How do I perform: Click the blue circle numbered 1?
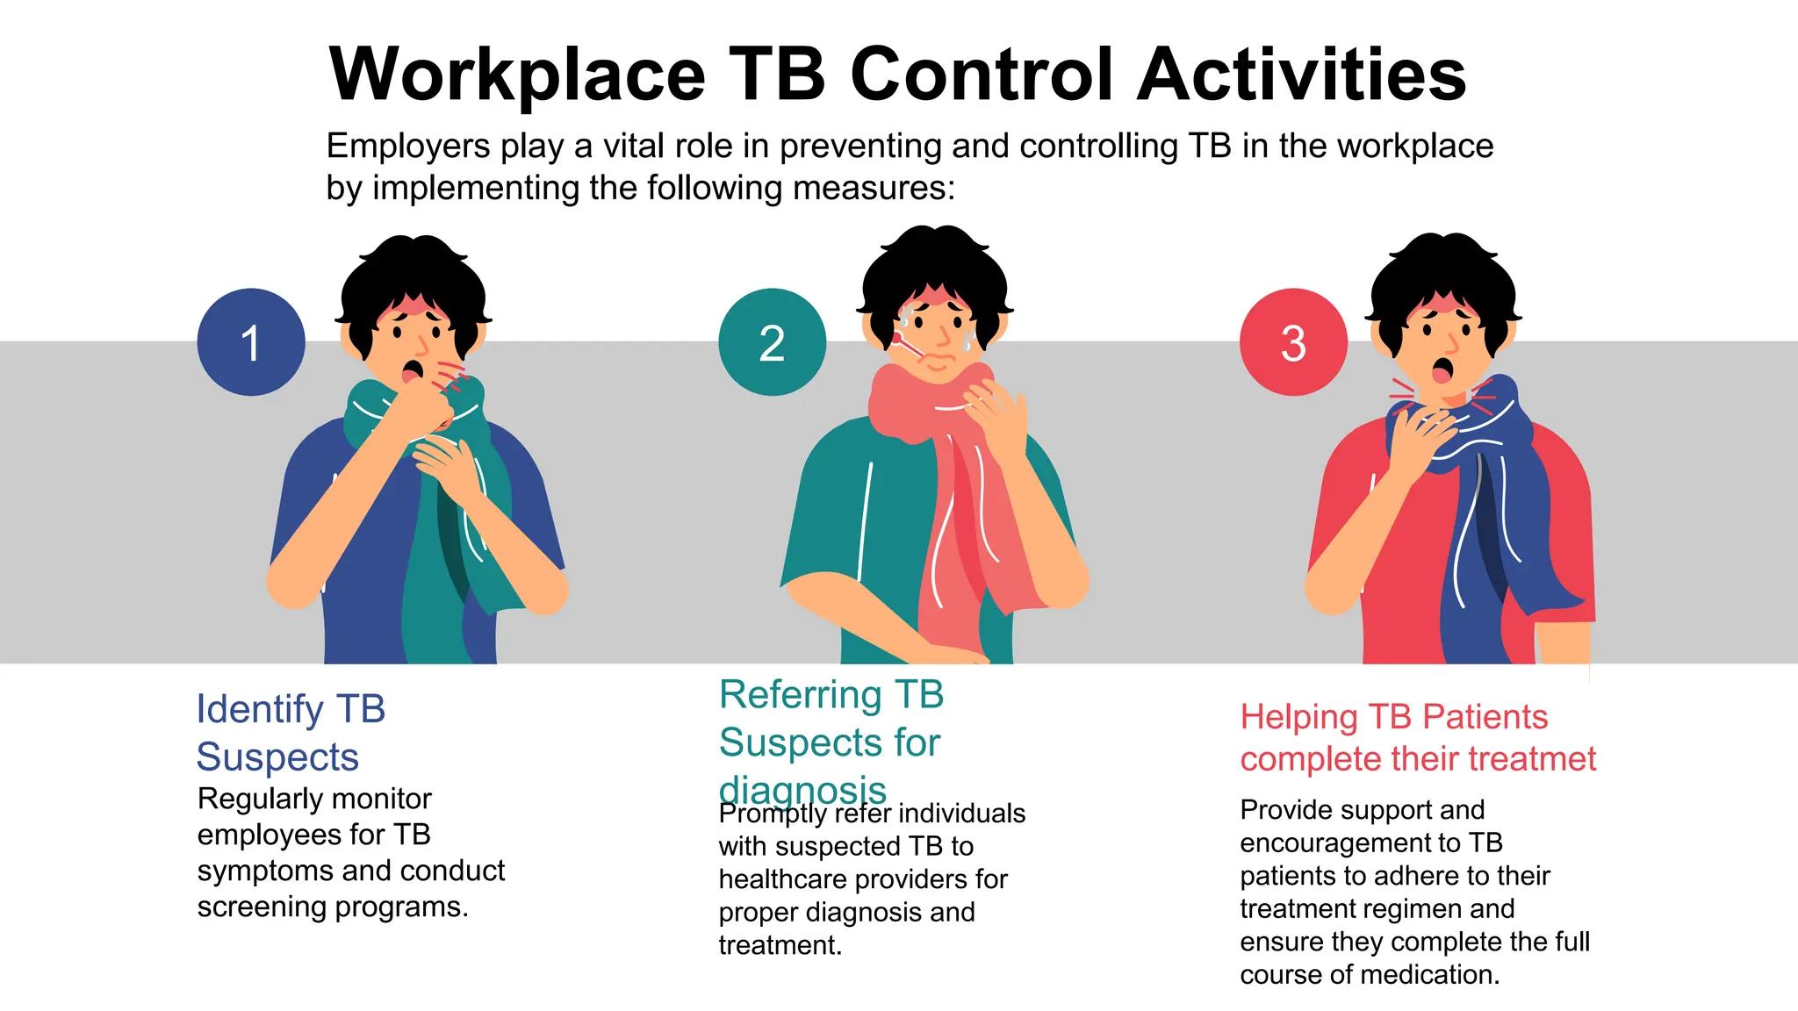pyautogui.click(x=251, y=342)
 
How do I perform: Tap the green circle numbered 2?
pyautogui.click(x=772, y=342)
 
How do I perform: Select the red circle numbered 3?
pyautogui.click(x=1293, y=342)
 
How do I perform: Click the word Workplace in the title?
pyautogui.click(x=517, y=75)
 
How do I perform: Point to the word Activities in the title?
pyautogui.click(x=1301, y=75)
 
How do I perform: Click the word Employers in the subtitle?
pyautogui.click(x=407, y=146)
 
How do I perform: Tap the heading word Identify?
pyautogui.click(x=260, y=709)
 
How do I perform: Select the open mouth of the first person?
pyautogui.click(x=410, y=371)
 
